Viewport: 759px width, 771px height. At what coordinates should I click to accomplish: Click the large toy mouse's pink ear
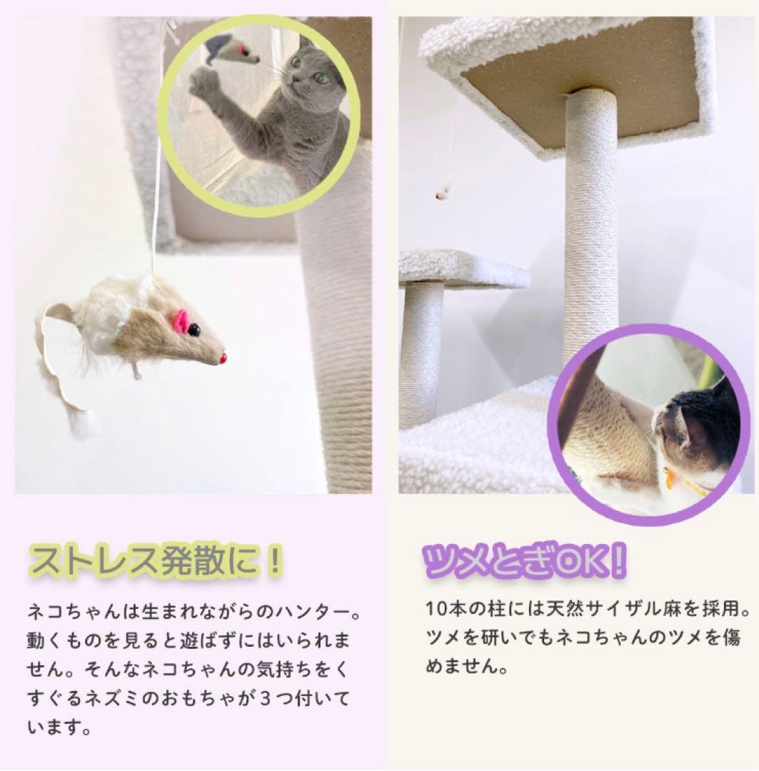[181, 322]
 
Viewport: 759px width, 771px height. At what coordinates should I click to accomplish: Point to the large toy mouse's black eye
[194, 330]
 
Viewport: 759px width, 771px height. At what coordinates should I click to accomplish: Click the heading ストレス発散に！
[154, 560]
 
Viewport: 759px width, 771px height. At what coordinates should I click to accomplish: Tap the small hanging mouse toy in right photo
[443, 191]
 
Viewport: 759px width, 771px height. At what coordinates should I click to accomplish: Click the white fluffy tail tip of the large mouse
[85, 425]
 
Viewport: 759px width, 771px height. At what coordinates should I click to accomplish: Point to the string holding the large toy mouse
[156, 214]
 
